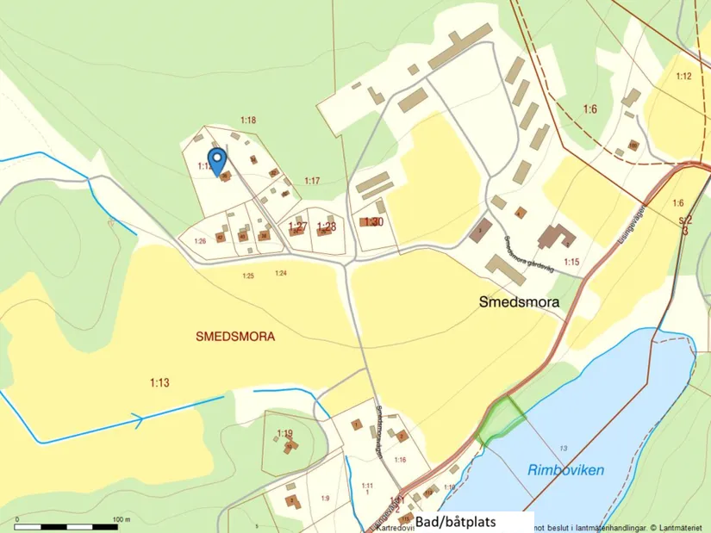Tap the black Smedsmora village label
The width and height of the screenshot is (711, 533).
point(519,303)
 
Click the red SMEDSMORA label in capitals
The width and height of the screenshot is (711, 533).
point(235,338)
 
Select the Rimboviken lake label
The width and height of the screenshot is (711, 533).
point(565,470)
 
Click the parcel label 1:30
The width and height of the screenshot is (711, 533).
point(373,222)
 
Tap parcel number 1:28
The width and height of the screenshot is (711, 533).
point(326,226)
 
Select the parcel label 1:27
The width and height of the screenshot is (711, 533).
point(297,226)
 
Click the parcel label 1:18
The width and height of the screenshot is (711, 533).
point(248,120)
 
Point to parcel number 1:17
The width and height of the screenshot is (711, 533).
point(312,180)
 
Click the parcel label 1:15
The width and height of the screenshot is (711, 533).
point(571,261)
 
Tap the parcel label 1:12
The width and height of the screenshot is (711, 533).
point(683,77)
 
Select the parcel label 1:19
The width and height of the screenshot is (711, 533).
point(285,432)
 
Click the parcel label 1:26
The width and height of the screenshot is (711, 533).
point(200,241)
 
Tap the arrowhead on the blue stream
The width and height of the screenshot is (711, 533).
point(135,419)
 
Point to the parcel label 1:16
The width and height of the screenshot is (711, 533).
point(400,461)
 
